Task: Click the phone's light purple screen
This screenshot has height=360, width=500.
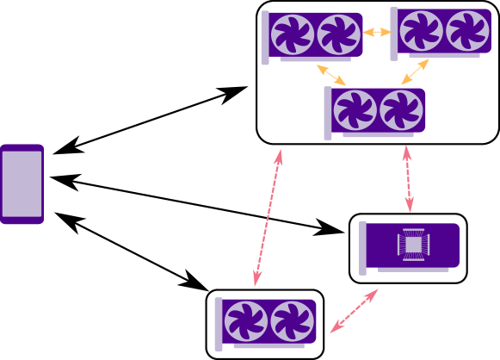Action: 22,183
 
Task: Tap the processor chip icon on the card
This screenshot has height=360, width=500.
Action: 413,245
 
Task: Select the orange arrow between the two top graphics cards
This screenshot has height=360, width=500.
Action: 376,33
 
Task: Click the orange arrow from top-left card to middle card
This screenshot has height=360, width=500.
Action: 331,75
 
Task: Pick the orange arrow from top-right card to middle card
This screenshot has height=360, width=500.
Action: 415,72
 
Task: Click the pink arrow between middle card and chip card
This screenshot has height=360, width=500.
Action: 408,179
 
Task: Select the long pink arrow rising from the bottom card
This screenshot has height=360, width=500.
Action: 268,218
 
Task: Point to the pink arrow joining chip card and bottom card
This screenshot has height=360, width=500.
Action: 354,311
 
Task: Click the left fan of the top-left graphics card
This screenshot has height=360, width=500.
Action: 292,34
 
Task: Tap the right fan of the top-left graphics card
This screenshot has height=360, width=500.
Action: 338,34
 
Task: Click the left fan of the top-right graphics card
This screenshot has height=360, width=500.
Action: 421,31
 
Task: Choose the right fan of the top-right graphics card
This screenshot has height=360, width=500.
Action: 467,31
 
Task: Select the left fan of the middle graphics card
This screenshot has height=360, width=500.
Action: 355,110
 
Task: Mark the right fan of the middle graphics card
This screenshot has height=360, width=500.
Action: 401,110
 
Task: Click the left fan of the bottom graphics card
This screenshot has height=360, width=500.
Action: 245,321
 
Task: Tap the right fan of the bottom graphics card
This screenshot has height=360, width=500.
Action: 292,321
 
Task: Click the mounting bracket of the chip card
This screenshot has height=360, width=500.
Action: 362,248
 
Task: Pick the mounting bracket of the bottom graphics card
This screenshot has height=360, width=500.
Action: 219,324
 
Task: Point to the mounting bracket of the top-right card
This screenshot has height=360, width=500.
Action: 394,34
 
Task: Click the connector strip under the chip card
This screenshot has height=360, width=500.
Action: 413,270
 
